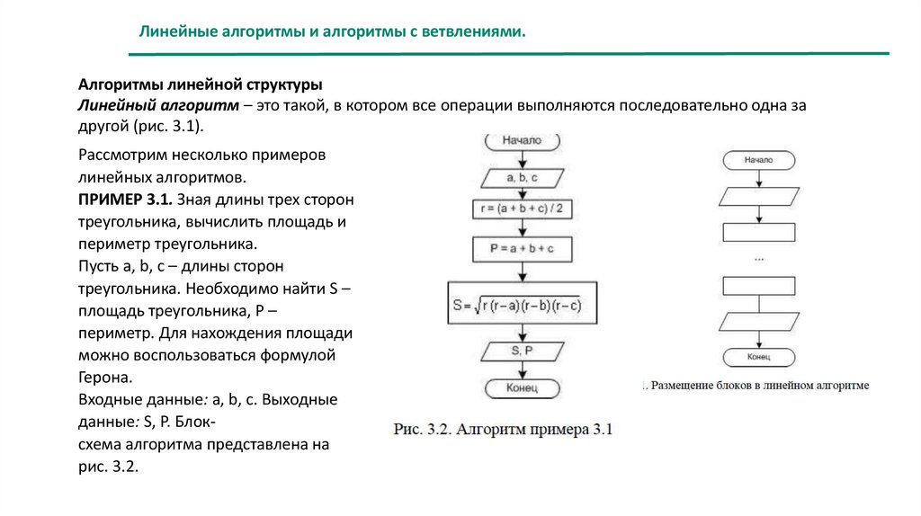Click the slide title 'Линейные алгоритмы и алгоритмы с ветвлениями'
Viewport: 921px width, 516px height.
331,31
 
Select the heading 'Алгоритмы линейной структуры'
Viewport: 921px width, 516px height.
201,85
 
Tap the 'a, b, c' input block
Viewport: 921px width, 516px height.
522,177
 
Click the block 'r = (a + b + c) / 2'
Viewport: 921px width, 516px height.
522,209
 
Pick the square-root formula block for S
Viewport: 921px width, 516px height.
522,304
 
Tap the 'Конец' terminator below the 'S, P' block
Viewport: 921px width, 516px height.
522,388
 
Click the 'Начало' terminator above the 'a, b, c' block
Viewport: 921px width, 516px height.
522,141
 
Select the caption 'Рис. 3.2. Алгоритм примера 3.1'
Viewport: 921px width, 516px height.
503,430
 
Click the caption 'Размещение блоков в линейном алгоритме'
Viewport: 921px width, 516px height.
760,386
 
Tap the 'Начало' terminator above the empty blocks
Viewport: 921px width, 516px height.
759,160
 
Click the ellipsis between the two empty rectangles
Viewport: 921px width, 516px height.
759,259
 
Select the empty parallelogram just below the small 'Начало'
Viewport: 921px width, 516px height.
759,196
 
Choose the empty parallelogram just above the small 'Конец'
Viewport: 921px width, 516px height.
759,321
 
